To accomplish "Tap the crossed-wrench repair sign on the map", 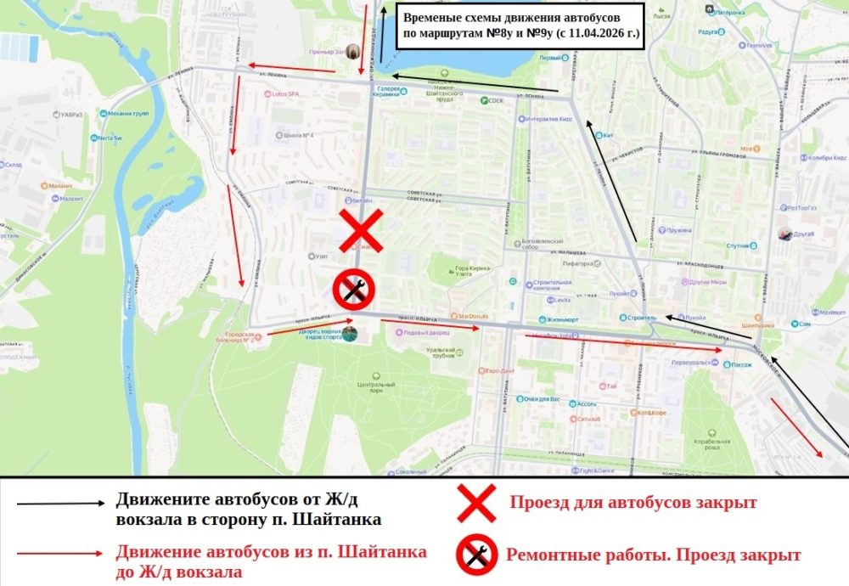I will (x=350, y=290).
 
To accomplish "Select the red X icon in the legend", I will (x=476, y=503).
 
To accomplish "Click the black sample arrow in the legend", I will (x=60, y=503).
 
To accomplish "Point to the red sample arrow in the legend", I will (x=60, y=553).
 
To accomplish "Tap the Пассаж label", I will (x=742, y=364).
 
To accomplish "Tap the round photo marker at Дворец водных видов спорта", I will (x=349, y=335).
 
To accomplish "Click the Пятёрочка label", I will (x=729, y=14).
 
